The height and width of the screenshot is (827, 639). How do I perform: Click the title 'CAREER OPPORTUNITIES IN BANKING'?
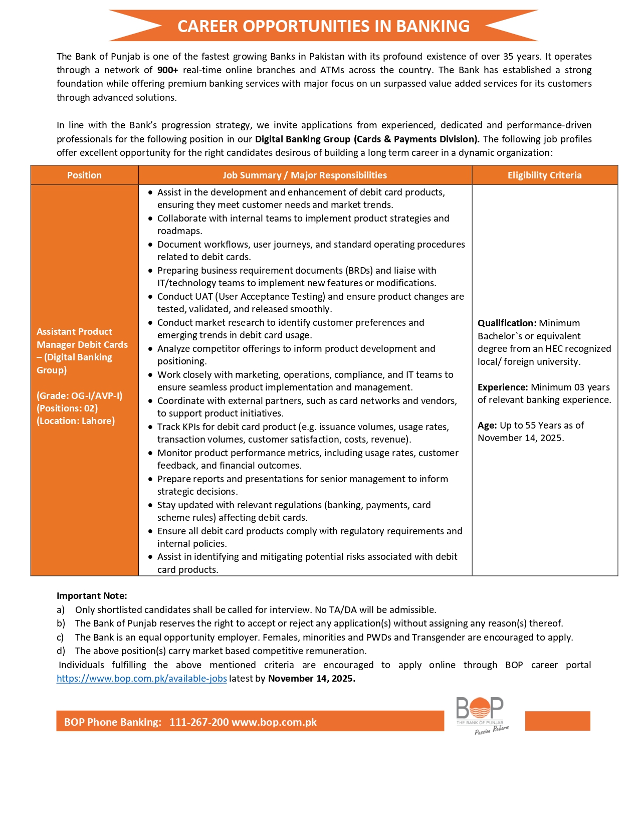tap(323, 26)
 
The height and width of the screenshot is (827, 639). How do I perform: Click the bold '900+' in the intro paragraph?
tap(167, 70)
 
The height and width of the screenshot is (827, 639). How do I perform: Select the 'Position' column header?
tap(84, 175)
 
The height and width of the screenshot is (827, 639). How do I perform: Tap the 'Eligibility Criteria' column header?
tap(544, 175)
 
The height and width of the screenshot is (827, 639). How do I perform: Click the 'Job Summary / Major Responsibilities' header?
tap(305, 175)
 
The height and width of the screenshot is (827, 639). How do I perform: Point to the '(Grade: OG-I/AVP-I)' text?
tap(79, 396)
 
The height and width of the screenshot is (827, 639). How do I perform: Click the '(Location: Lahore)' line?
tap(76, 421)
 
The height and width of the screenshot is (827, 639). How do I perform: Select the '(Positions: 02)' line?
tap(67, 408)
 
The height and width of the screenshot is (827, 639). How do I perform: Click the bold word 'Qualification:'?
tap(507, 323)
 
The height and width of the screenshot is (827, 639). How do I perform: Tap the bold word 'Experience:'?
tap(503, 387)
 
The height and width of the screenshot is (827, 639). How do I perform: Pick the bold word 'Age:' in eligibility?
tap(487, 426)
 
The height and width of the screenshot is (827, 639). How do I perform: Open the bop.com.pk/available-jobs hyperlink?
tap(141, 679)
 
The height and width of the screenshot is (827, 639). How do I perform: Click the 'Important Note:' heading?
tap(92, 596)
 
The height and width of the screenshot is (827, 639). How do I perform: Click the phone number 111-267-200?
tap(199, 722)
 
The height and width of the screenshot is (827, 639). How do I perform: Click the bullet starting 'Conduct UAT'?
tap(310, 297)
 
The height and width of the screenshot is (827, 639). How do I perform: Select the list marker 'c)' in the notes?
tap(60, 638)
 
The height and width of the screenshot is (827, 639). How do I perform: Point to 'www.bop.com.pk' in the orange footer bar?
tap(274, 722)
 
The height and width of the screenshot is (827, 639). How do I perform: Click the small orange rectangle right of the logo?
tap(557, 721)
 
